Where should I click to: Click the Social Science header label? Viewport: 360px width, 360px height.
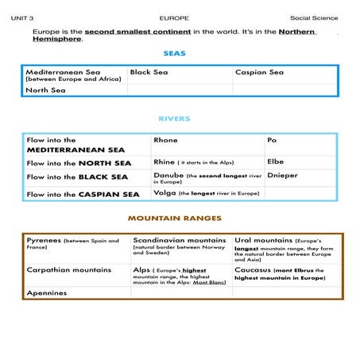314,17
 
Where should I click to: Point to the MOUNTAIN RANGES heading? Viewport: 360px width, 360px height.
174,218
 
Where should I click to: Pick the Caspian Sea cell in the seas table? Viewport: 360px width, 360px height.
259,72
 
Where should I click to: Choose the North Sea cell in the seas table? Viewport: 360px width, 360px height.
46,91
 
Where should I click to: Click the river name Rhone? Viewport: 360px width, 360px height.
165,140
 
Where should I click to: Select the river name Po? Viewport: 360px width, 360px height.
272,140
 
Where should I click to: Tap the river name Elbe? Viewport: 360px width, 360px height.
275,161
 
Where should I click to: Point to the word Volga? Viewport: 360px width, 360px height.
165,193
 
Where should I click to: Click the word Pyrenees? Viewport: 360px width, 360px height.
44,240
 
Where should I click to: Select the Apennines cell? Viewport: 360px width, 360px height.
47,292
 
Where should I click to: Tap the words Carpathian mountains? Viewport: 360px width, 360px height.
68,270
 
